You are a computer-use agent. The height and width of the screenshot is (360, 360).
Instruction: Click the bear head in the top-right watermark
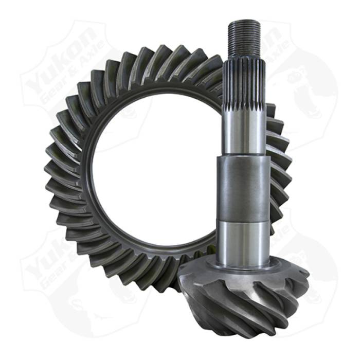[x=309, y=87]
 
